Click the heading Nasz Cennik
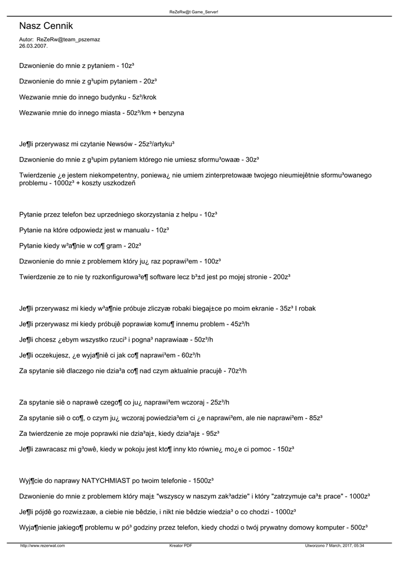click(x=46, y=26)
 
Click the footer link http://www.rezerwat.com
click(x=42, y=546)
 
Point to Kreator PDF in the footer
click(x=181, y=546)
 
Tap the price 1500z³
click(x=204, y=480)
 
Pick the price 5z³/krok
click(x=144, y=97)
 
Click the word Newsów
click(x=119, y=144)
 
